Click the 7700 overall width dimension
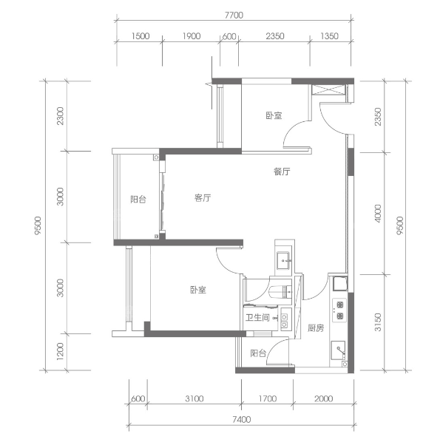(x=234, y=15)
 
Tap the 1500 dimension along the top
(x=141, y=36)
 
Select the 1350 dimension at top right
(x=329, y=36)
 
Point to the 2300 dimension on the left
(x=61, y=116)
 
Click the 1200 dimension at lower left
(x=61, y=351)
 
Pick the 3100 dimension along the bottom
(x=194, y=398)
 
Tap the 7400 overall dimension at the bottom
(x=242, y=419)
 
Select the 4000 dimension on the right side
(x=378, y=214)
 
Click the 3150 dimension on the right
(x=378, y=322)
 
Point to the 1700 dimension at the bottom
(x=268, y=398)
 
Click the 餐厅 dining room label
(x=282, y=171)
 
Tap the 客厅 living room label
(x=203, y=198)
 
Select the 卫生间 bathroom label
(x=258, y=317)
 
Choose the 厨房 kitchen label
(x=316, y=328)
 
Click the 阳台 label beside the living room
(x=138, y=200)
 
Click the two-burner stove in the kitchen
(x=339, y=310)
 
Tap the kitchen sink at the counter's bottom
(x=338, y=350)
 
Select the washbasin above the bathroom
(x=284, y=259)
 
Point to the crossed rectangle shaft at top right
(x=328, y=90)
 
